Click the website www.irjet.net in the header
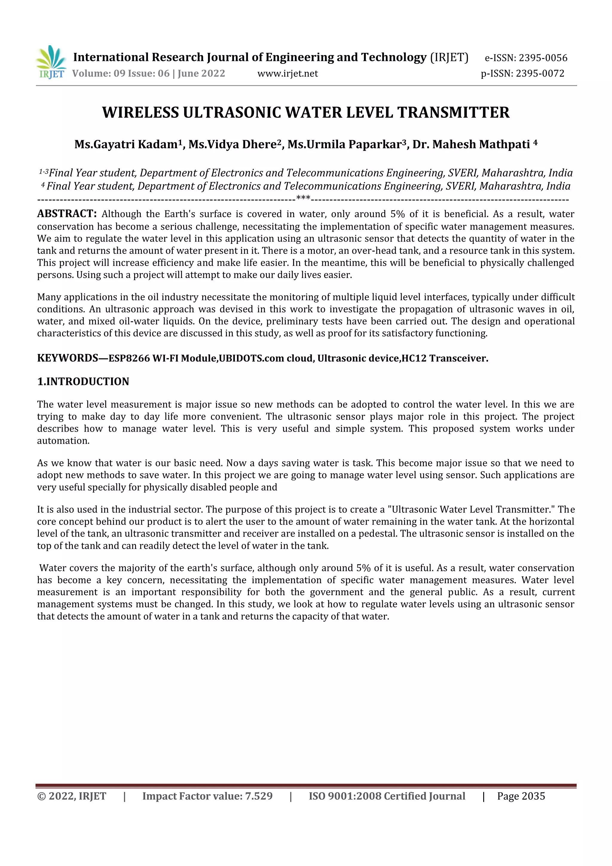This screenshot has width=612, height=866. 287,74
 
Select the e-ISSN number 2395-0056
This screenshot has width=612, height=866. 543,58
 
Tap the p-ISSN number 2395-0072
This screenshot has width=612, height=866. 540,74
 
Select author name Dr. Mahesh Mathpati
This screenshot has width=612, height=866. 471,144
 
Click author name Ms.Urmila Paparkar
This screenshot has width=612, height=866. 347,144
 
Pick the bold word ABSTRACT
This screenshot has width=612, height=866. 67,214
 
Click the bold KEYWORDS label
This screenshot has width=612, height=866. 68,358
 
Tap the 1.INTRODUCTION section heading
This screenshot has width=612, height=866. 83,382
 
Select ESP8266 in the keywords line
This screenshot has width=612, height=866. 129,358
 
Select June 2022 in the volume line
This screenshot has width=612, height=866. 201,74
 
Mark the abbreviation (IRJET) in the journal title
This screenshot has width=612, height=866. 449,57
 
